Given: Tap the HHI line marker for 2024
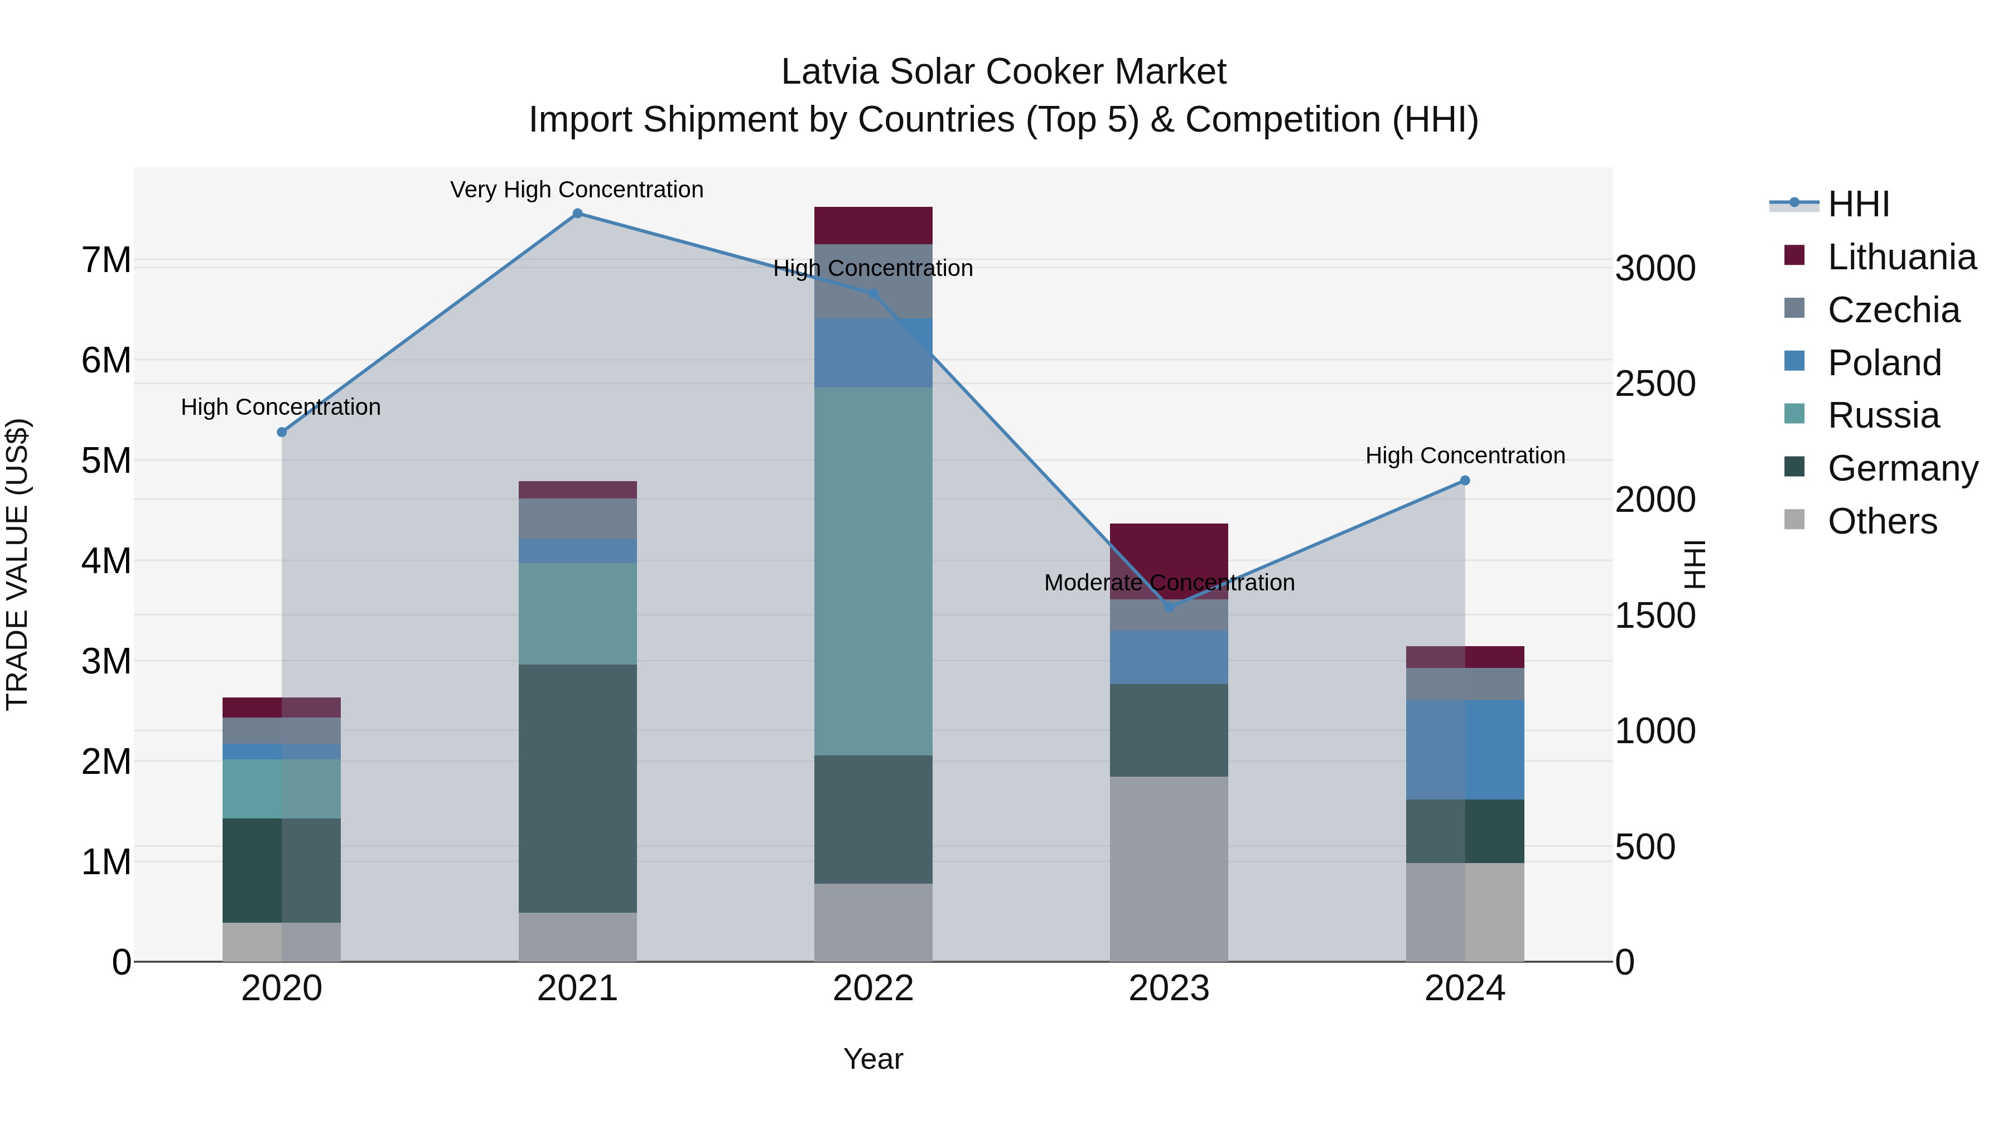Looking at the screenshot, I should tap(1465, 481).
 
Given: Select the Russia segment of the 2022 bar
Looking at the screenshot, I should tap(873, 571).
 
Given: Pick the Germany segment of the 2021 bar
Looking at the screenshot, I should tap(578, 788).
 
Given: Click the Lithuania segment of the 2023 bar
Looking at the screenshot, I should tap(1169, 560).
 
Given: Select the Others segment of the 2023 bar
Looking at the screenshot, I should tap(1169, 869).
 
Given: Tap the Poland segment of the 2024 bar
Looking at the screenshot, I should tap(1465, 749).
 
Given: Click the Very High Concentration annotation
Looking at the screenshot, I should tap(577, 190).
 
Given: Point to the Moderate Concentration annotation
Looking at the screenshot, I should tap(1169, 583).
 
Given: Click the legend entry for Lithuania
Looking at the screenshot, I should tap(1901, 257).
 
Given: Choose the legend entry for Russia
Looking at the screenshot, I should tap(1883, 415).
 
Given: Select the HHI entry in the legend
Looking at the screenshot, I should tap(1859, 204).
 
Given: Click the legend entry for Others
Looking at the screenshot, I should tap(1882, 521).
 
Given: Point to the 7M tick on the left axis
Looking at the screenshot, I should tap(106, 260).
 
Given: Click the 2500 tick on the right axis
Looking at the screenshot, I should tap(1654, 384).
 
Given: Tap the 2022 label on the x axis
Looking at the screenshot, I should tap(873, 989).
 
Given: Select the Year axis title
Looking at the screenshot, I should tap(873, 1059).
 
